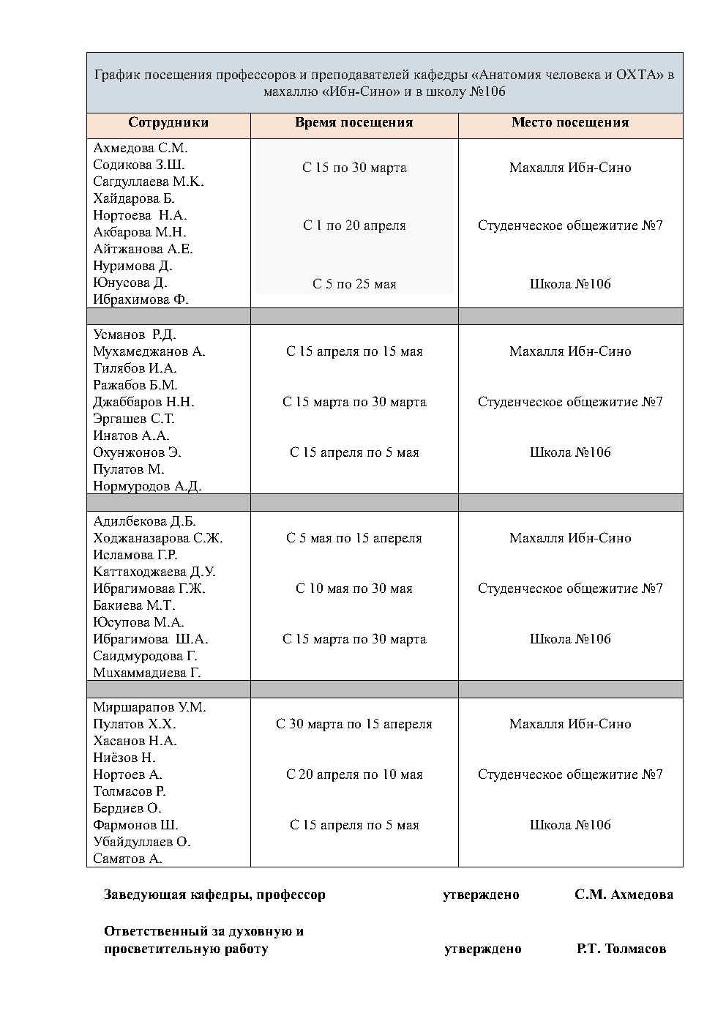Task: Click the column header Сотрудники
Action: [168, 123]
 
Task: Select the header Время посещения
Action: [354, 123]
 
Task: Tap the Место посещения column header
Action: [570, 123]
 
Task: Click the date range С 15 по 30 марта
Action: [354, 168]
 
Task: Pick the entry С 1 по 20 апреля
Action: [354, 225]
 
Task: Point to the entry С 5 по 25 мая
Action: [354, 284]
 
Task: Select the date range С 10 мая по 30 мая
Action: [354, 589]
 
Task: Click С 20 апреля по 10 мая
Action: [354, 774]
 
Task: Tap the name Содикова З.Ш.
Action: [139, 165]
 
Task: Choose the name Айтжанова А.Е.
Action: [143, 249]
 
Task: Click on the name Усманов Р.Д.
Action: [135, 335]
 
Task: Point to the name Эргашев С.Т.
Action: [134, 419]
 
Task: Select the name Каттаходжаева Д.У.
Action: [154, 572]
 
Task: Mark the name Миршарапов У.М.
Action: [149, 707]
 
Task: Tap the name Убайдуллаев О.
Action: [142, 842]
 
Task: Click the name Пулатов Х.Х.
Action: [135, 724]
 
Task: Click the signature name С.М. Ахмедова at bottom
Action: [624, 895]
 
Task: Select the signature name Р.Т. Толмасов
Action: [621, 949]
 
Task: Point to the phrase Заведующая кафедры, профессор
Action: [214, 895]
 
